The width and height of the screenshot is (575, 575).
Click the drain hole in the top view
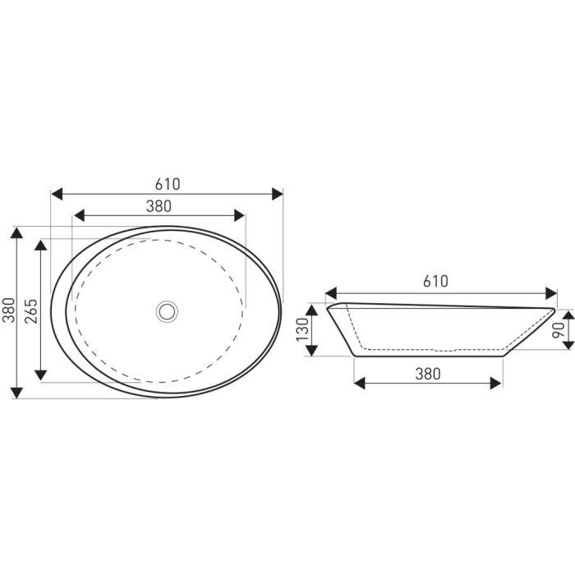(x=168, y=310)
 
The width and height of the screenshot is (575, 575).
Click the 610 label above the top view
(x=167, y=184)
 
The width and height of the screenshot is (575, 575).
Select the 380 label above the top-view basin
(x=159, y=206)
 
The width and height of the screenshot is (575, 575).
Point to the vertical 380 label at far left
(x=8, y=310)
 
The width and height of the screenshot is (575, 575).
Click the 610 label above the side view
(x=435, y=281)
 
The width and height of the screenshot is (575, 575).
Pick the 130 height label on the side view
(x=301, y=330)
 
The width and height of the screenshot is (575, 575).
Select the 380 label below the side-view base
(x=428, y=373)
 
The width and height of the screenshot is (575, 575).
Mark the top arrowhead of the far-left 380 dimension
(x=16, y=232)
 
